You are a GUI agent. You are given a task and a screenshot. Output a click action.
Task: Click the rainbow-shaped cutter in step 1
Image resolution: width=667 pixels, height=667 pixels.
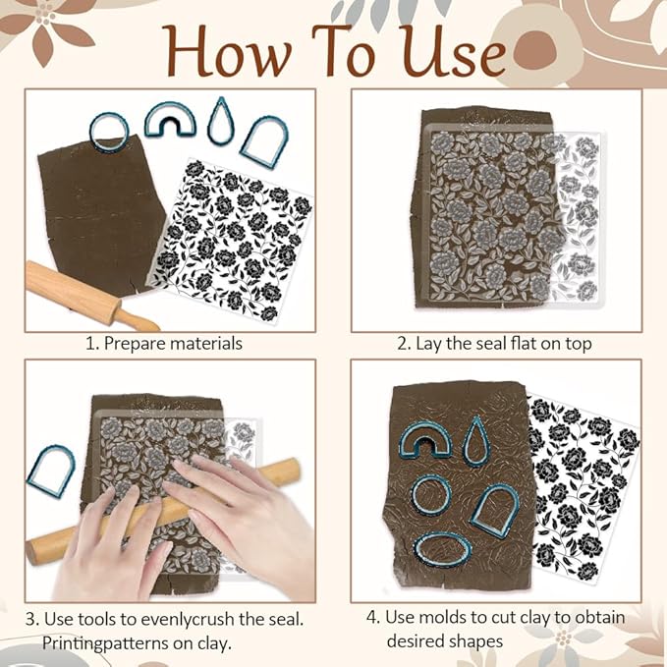169,120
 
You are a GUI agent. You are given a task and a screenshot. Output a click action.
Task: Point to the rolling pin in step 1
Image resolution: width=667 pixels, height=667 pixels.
88,294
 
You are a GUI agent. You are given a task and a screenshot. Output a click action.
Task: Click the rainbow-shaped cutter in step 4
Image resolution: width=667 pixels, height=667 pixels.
420,441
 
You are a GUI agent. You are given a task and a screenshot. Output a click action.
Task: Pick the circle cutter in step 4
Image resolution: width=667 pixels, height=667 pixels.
431,494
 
